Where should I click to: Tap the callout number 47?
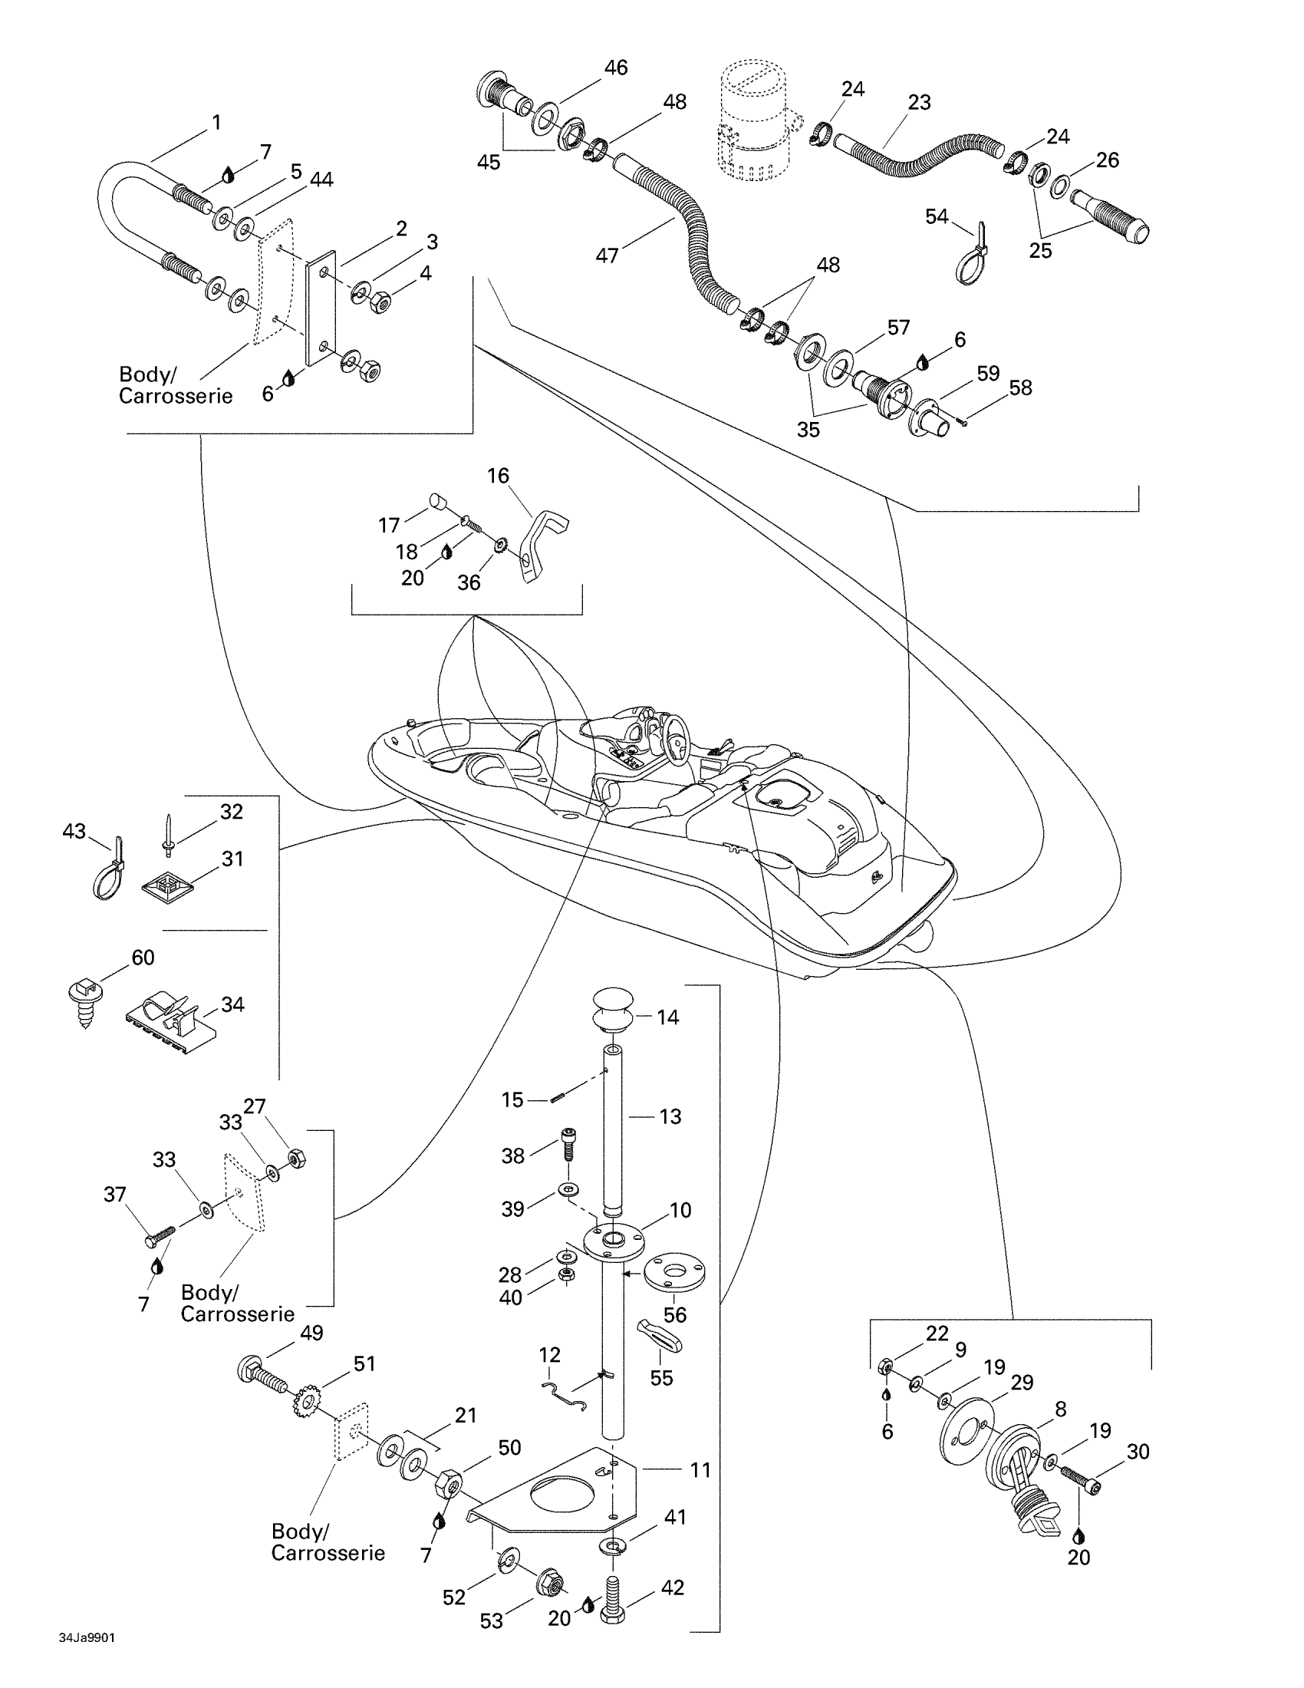pyautogui.click(x=608, y=255)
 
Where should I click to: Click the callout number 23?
pyautogui.click(x=919, y=102)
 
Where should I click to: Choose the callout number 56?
pyautogui.click(x=674, y=1314)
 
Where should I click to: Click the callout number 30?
pyautogui.click(x=1138, y=1452)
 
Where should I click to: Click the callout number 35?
pyautogui.click(x=808, y=429)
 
